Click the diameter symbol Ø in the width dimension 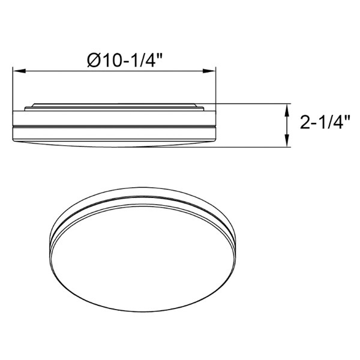pos(94,61)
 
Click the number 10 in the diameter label pos(112,61)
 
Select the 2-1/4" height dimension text pos(325,122)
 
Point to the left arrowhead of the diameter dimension pos(19,71)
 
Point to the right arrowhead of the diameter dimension pos(209,71)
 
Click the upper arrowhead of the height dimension pos(286,110)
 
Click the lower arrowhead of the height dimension pos(286,141)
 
